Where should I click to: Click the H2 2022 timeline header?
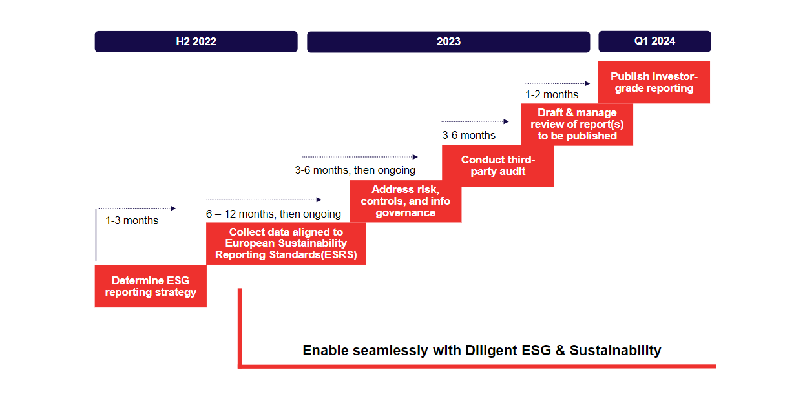196,41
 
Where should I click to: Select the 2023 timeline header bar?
448,41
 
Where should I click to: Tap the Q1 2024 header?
654,41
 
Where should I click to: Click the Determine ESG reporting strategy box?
151,286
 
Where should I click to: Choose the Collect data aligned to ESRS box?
286,243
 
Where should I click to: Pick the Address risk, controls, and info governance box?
405,201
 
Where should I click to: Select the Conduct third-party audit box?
497,166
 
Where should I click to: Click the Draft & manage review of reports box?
577,124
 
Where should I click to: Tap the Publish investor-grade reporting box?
654,82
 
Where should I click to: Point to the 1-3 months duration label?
132,220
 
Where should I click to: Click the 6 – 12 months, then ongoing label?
273,214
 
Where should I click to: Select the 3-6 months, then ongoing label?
355,170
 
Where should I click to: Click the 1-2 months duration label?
551,94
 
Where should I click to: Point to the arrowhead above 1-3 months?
173,208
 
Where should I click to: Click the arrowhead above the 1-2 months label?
587,83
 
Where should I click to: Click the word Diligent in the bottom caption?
492,350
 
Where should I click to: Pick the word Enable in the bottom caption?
326,350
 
